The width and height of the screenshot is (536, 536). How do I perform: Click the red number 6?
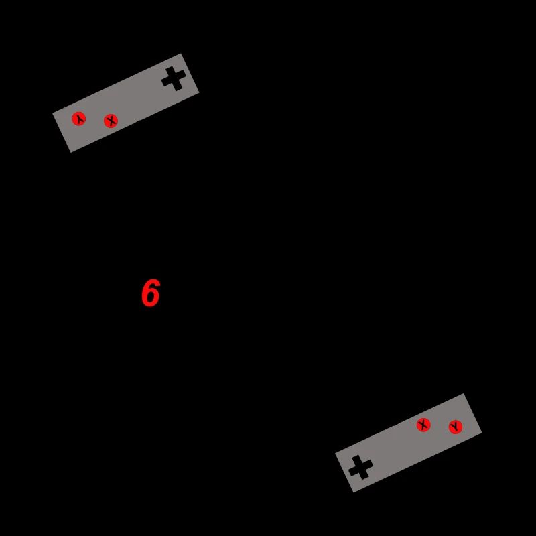[x=150, y=293]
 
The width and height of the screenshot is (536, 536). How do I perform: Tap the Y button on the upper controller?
[x=79, y=119]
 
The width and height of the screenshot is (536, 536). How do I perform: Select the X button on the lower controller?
[x=423, y=425]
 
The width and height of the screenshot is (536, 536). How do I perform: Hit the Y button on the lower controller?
[x=456, y=427]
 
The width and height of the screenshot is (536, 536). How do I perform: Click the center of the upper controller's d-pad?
[x=174, y=78]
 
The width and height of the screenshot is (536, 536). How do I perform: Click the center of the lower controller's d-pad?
[x=360, y=467]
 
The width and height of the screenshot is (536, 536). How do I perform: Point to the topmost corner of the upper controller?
[x=182, y=54]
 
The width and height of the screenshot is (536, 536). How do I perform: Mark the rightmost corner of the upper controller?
[x=199, y=92]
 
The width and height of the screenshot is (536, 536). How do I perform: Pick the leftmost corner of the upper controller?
[x=53, y=113]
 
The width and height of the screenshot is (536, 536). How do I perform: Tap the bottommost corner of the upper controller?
[x=71, y=152]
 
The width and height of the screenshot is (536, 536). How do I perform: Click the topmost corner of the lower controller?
[x=464, y=394]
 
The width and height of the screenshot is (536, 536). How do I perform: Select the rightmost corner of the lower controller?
[x=482, y=433]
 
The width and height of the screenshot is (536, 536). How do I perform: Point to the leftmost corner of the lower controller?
[x=336, y=454]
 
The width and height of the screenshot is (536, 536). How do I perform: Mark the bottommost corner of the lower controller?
[x=353, y=492]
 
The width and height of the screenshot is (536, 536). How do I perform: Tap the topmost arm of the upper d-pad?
[x=170, y=70]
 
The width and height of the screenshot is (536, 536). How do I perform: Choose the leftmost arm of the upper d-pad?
[x=165, y=82]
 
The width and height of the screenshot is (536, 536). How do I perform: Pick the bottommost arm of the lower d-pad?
[x=364, y=475]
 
